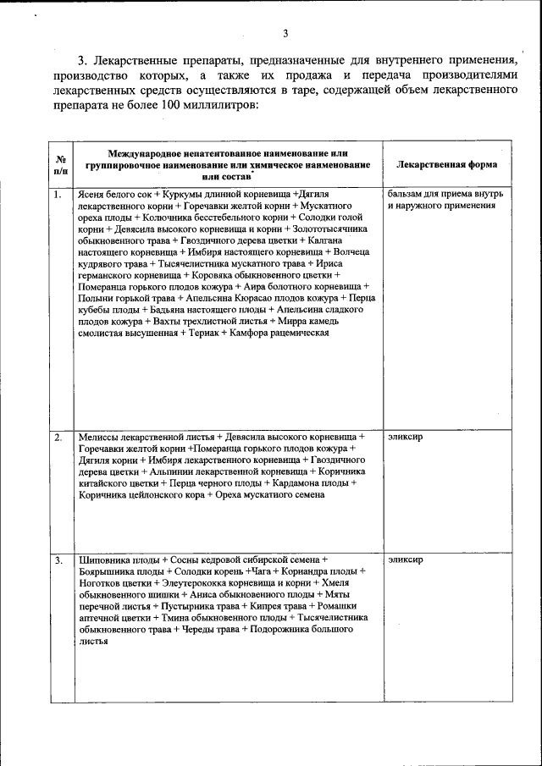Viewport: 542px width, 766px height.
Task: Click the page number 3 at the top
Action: [x=285, y=34]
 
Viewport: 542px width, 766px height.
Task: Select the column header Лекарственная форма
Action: [x=446, y=164]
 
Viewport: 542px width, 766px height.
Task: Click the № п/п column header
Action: [x=61, y=164]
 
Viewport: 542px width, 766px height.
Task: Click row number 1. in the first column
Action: [x=58, y=195]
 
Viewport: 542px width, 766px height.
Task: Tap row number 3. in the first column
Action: [x=58, y=560]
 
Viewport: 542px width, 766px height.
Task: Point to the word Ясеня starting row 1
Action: [x=92, y=195]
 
